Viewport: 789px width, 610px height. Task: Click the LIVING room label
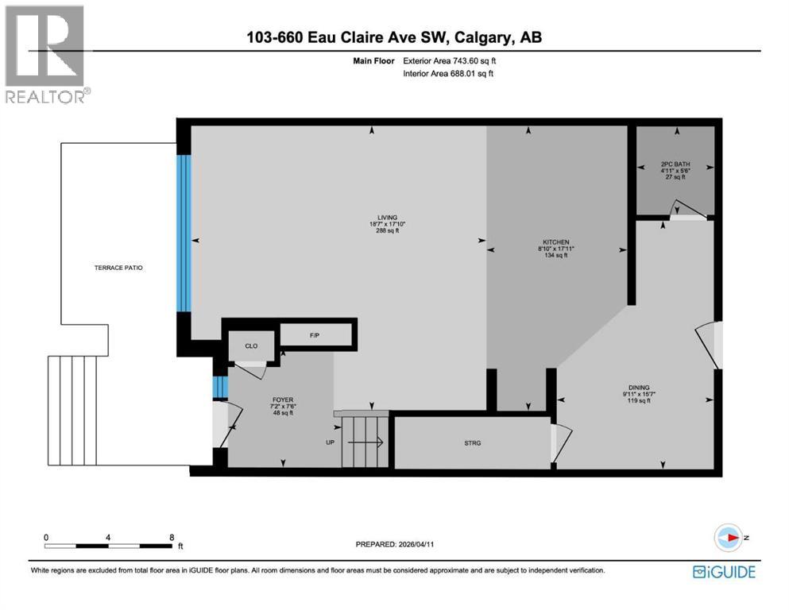386,218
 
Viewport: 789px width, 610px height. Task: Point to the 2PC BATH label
673,166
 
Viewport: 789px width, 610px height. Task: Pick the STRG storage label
474,442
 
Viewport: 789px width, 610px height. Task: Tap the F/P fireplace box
315,335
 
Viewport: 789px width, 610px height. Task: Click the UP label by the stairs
330,442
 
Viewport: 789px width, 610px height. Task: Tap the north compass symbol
728,538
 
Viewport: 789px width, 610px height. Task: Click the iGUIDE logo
724,571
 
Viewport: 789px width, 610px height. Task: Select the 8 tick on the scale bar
172,537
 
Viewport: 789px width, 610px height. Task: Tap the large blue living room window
184,232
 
